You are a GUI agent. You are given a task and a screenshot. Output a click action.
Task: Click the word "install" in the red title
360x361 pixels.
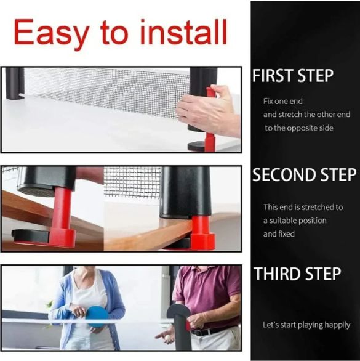pyautogui.click(x=183, y=32)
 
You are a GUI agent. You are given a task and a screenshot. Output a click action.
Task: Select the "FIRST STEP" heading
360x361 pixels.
pyautogui.click(x=293, y=75)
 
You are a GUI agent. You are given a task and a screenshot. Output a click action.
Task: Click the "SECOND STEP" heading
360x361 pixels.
pyautogui.click(x=305, y=174)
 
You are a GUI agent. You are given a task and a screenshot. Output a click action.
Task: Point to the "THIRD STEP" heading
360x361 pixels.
pyautogui.click(x=297, y=274)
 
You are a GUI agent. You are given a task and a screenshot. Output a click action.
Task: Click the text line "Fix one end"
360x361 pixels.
pyautogui.click(x=283, y=101)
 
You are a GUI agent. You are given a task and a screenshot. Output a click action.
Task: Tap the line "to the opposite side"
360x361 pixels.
pyautogui.click(x=299, y=128)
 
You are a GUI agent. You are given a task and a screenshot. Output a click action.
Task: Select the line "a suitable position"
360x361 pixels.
pyautogui.click(x=295, y=221)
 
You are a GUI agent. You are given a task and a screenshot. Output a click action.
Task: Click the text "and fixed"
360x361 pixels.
pyautogui.click(x=279, y=234)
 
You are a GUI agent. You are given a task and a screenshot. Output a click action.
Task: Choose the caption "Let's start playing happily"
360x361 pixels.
pyautogui.click(x=306, y=325)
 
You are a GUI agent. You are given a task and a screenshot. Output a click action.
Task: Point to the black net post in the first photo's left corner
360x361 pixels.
pyautogui.click(x=15, y=83)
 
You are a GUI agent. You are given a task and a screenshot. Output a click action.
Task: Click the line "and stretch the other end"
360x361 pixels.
pyautogui.click(x=307, y=115)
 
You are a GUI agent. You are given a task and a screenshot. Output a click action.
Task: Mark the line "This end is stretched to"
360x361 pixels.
pyautogui.click(x=303, y=207)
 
